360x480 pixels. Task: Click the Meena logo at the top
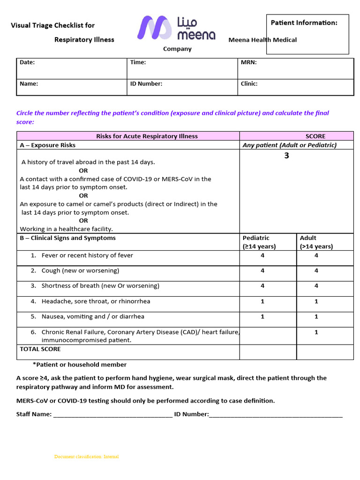176,28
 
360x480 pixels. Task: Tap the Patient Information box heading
304,22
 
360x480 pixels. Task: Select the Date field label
27,62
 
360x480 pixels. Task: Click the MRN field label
248,62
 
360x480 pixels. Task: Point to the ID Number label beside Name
146,84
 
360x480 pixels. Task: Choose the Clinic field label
249,84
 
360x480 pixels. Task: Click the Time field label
138,62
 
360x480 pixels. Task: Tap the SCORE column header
315,136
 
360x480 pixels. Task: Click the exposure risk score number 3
286,156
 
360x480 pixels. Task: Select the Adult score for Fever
316,255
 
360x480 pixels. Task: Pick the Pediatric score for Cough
262,270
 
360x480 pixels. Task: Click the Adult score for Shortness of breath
316,286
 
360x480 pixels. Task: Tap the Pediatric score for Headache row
262,301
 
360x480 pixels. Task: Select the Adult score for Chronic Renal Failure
316,332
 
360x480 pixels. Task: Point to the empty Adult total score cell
325,352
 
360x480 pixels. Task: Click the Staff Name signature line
113,414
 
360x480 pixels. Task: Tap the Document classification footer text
86,457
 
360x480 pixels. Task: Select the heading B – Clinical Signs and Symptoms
67,238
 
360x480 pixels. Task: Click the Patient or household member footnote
80,365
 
